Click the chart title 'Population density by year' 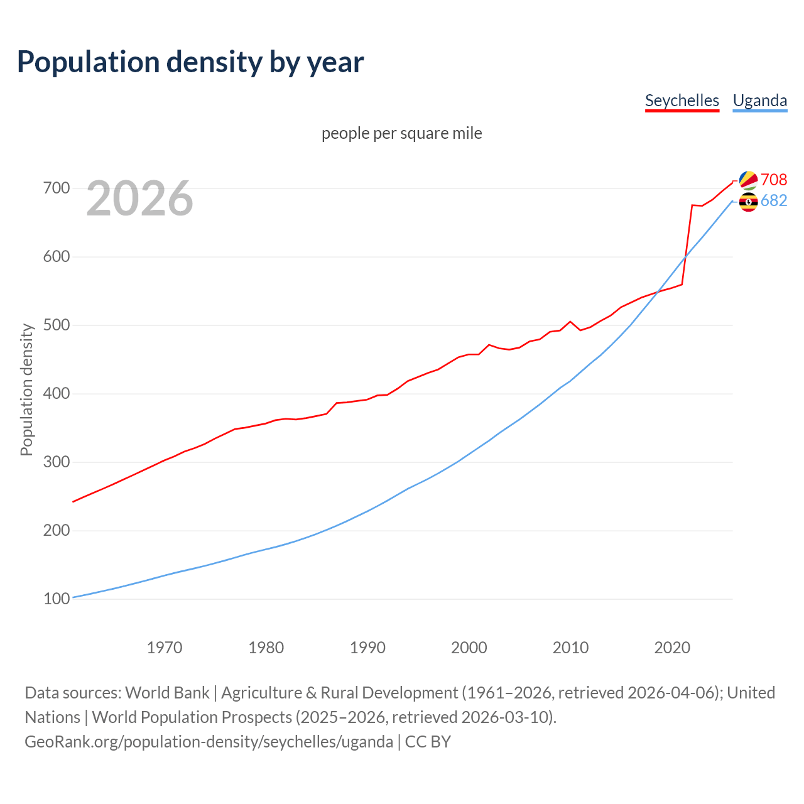point(190,62)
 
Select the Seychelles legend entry point(682,100)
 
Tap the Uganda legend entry point(759,100)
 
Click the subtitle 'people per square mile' point(401,133)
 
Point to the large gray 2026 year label point(139,198)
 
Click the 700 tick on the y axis point(57,188)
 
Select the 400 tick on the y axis point(57,394)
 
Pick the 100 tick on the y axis point(57,599)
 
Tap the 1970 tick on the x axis point(165,648)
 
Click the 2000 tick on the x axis point(469,648)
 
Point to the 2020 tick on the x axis point(672,648)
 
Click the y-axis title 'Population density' point(26,389)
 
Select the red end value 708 point(774,180)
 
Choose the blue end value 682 point(774,200)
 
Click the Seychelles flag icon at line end point(748,180)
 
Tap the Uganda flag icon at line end point(748,202)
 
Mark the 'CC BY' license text point(428,741)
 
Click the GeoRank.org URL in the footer point(209,741)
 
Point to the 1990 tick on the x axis point(367,648)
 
